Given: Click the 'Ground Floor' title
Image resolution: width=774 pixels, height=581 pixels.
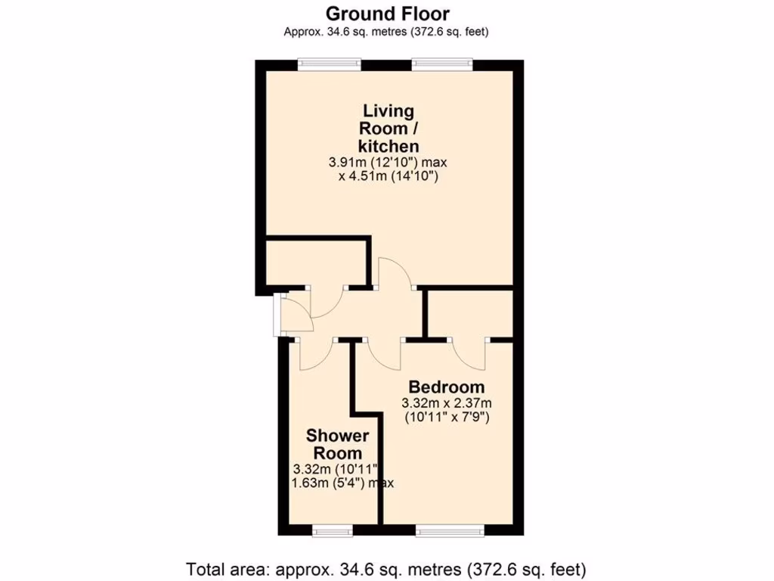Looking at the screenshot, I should tap(387, 13).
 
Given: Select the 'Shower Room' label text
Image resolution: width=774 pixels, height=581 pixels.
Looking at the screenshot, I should tap(337, 445).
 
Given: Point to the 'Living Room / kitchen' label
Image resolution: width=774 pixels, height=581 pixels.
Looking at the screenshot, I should tap(389, 128).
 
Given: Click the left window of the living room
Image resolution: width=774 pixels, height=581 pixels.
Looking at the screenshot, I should tap(329, 64).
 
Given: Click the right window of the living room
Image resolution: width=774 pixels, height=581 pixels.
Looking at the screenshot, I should tap(442, 64).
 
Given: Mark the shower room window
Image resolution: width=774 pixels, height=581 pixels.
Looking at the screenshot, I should tap(333, 531).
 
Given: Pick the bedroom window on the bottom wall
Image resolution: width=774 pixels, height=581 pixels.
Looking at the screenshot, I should tap(447, 531).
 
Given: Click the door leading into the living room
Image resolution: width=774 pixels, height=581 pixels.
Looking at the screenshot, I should tap(394, 272).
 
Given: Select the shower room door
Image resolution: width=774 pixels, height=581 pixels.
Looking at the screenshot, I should tap(314, 354).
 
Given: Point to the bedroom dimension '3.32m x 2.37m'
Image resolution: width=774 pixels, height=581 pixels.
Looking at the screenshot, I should tap(447, 402).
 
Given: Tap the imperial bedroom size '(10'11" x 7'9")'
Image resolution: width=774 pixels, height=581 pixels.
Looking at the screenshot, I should tap(447, 416).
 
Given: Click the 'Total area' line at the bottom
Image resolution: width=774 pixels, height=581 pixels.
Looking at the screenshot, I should tap(386, 567).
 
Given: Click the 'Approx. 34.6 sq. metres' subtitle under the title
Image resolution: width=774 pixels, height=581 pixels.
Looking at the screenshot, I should tap(386, 31).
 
